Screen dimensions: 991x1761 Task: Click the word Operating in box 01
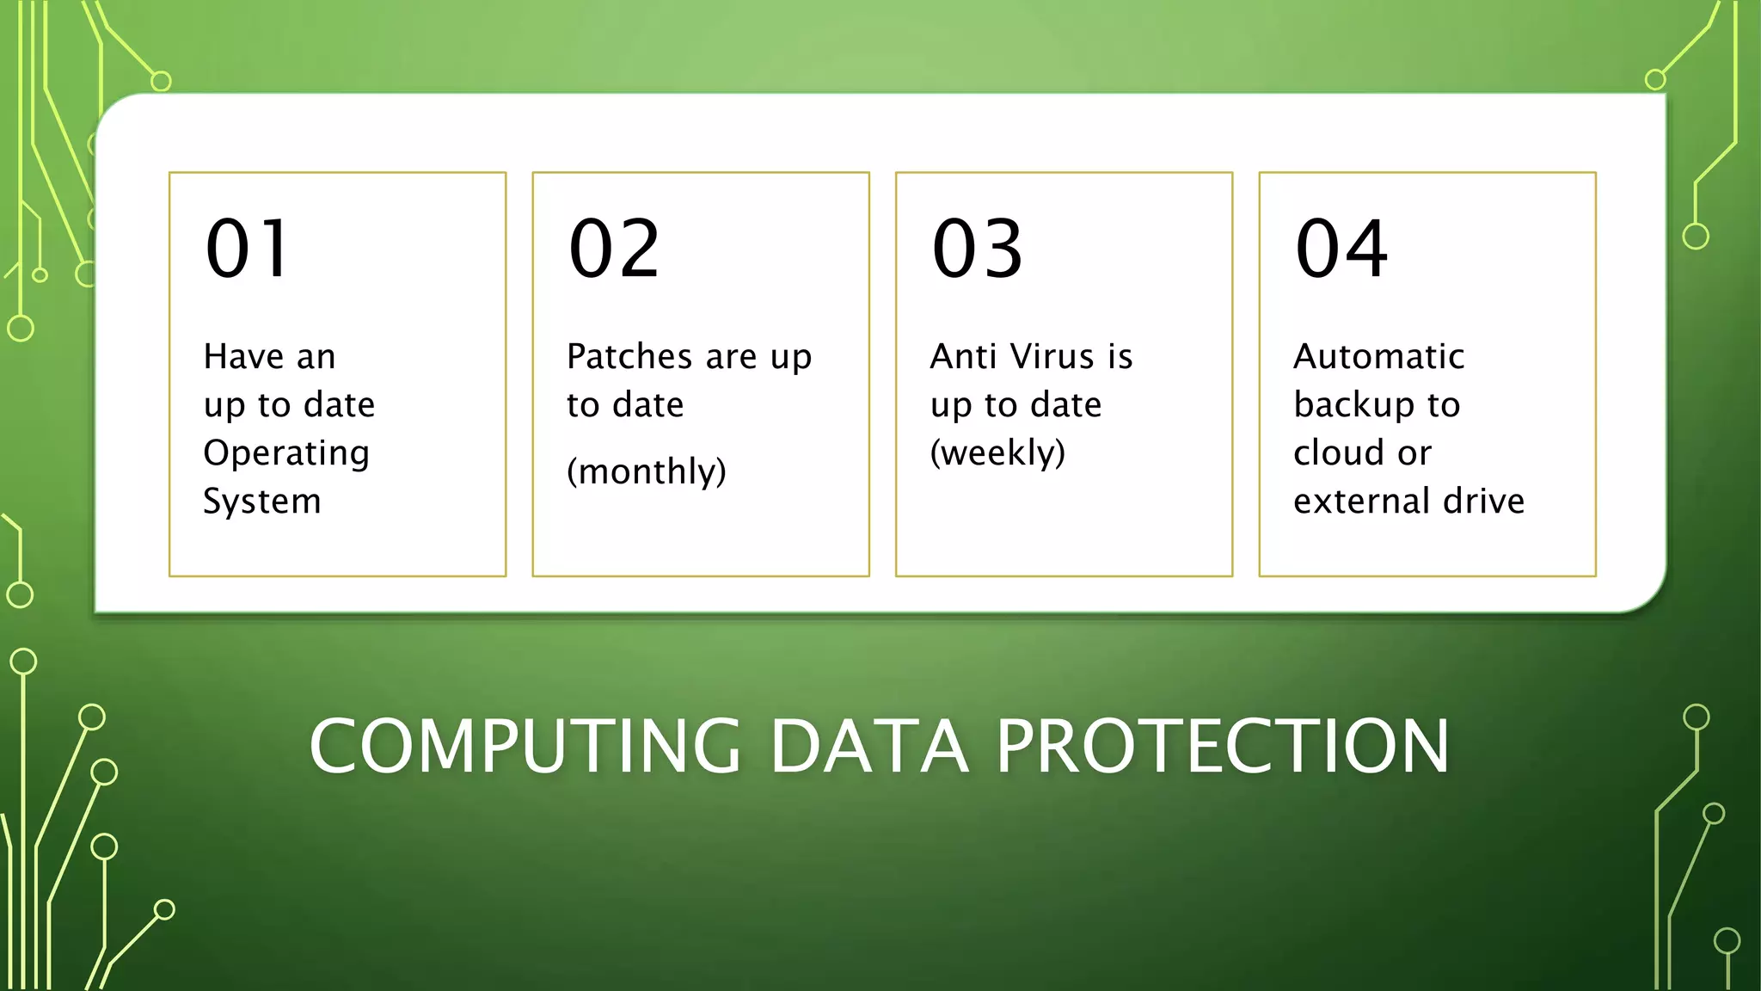[286, 453]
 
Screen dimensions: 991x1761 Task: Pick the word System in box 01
[262, 502]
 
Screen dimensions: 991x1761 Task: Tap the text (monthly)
[647, 471]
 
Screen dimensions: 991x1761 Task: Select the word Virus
[1052, 356]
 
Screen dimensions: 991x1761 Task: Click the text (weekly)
[997, 453]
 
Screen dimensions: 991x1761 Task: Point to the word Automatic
[1378, 356]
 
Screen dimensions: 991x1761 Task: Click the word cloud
[1339, 453]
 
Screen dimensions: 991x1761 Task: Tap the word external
[1362, 502]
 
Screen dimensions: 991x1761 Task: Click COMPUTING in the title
[525, 746]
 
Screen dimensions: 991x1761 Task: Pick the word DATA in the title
[868, 746]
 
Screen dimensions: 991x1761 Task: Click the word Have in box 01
[243, 356]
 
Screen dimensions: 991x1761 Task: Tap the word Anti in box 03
[963, 356]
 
